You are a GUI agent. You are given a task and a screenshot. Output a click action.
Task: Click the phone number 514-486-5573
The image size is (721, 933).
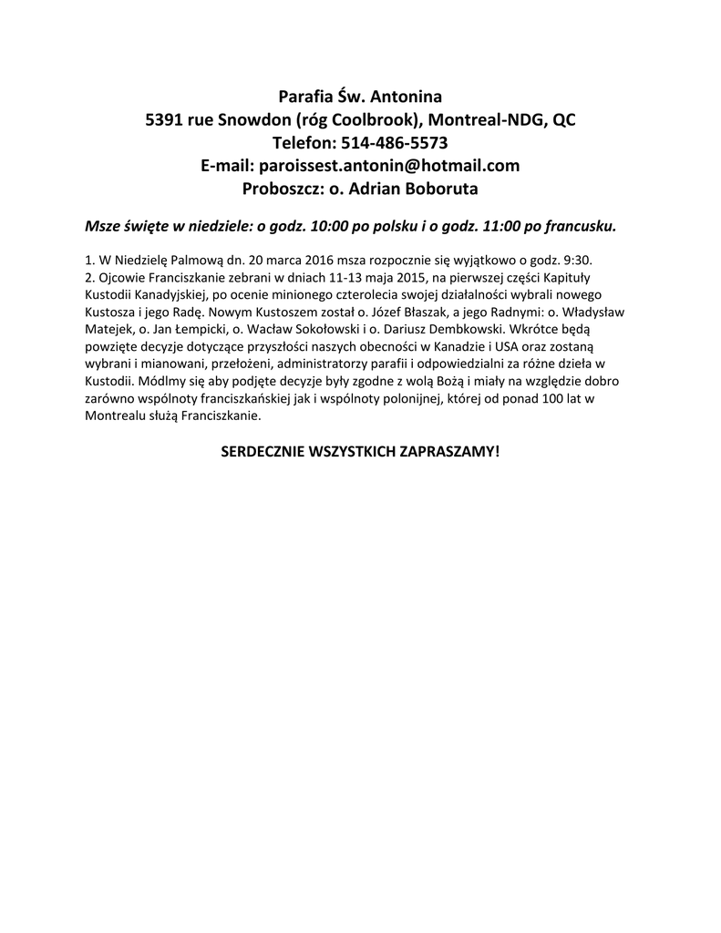[x=394, y=143]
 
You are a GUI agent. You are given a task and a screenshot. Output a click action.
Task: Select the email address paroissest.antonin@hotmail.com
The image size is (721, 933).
[x=389, y=166]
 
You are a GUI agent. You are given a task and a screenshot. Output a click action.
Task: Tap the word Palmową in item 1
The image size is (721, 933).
[x=182, y=260]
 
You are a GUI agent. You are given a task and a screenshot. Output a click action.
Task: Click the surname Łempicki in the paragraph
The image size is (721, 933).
[x=178, y=328]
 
